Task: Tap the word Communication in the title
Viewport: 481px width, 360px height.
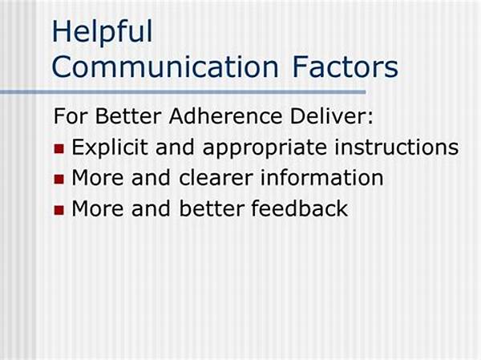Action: [x=165, y=67]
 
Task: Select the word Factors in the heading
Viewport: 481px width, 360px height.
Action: [x=346, y=67]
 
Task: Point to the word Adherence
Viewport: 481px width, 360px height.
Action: [x=225, y=116]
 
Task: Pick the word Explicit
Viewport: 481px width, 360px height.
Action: [x=110, y=148]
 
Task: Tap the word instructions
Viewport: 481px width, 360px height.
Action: [x=397, y=148]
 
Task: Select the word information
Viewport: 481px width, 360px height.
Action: [x=321, y=178]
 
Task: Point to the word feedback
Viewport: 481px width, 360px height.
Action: [x=299, y=208]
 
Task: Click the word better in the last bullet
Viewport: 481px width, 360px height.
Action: [x=212, y=208]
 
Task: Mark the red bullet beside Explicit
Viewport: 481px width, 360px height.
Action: [x=59, y=149]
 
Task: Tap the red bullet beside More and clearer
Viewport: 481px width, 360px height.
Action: [x=59, y=180]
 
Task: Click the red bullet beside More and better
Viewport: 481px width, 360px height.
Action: [x=59, y=210]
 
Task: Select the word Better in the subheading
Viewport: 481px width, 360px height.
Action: [x=128, y=116]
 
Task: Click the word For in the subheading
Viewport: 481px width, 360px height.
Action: [x=71, y=116]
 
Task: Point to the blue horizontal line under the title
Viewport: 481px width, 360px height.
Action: [x=183, y=92]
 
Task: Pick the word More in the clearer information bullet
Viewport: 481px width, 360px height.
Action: [x=98, y=178]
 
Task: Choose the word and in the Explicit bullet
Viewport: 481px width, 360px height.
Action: [x=175, y=148]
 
